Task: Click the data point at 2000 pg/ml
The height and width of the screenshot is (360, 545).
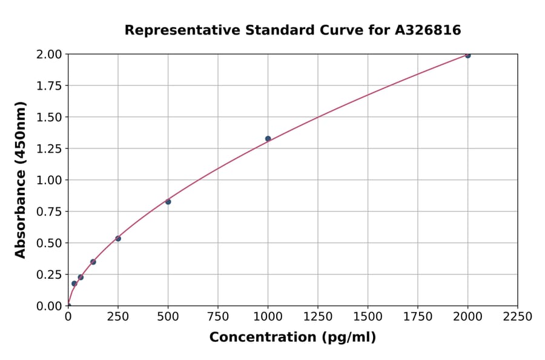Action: [x=467, y=55]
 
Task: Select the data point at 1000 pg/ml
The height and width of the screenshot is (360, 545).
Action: [x=268, y=139]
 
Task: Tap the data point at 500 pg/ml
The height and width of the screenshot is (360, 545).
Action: [x=168, y=202]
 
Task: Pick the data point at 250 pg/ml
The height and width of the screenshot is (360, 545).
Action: [x=118, y=238]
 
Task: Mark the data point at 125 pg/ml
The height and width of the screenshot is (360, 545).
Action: [x=93, y=262]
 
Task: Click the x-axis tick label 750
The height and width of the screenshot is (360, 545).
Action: [x=218, y=316]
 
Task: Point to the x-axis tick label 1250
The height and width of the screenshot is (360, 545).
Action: [x=318, y=316]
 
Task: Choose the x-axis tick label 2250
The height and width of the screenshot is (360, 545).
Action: [x=517, y=316]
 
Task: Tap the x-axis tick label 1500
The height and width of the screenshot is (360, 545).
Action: [x=368, y=316]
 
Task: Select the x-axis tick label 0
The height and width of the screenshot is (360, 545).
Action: [x=68, y=316]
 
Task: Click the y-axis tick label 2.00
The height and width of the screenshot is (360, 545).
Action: [x=49, y=55]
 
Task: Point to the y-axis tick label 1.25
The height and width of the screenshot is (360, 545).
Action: [x=49, y=148]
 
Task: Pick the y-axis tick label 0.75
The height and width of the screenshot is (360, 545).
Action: [x=49, y=212]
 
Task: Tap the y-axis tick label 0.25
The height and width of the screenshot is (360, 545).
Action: [x=49, y=275]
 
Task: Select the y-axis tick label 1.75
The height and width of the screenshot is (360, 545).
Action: [x=49, y=86]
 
